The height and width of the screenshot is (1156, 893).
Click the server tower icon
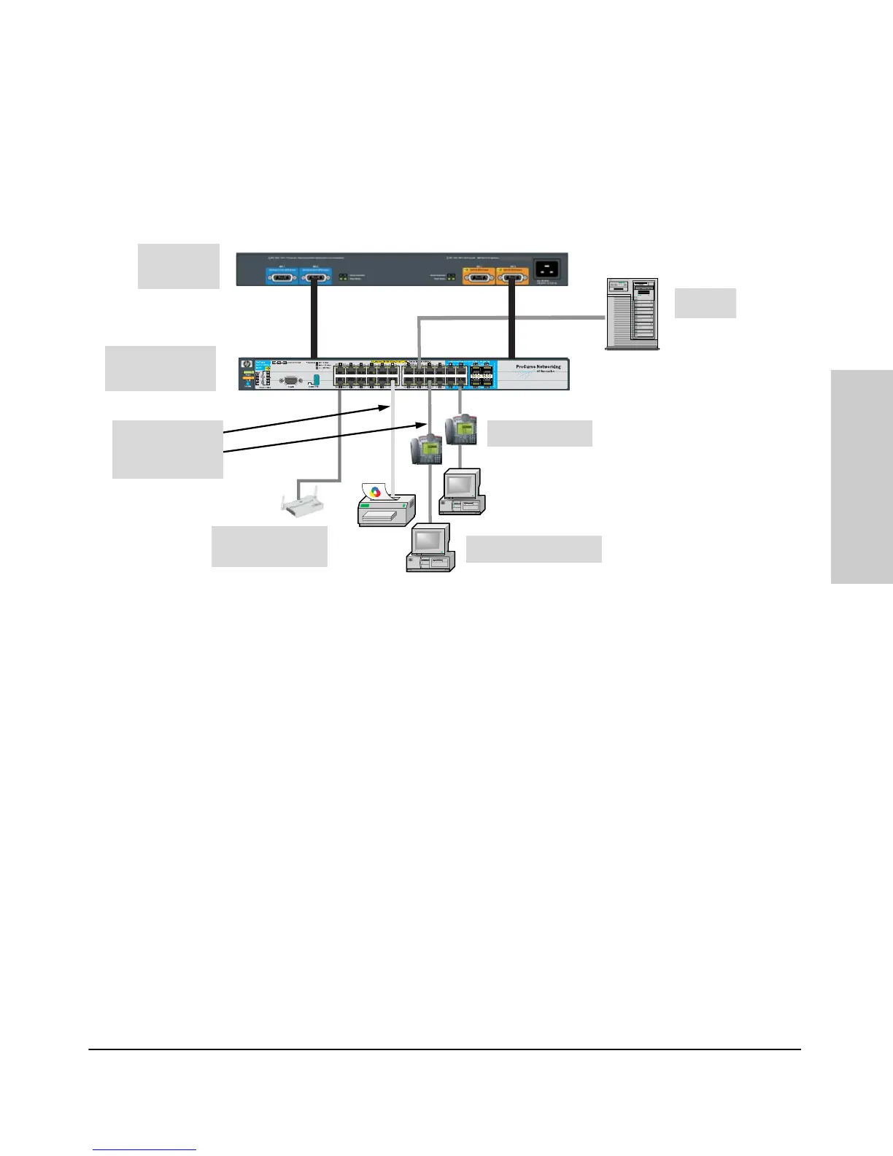point(632,313)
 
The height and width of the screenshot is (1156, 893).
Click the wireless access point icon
point(299,504)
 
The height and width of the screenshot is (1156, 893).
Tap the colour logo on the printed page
point(376,492)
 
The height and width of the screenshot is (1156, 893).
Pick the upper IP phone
point(463,429)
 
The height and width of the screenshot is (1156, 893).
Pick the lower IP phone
point(427,449)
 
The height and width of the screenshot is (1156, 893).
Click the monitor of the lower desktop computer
point(429,540)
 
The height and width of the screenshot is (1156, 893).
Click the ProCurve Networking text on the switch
point(538,367)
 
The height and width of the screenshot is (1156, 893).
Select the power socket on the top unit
point(549,269)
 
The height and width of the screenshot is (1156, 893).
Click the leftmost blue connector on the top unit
point(282,277)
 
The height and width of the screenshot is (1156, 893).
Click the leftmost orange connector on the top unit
point(479,277)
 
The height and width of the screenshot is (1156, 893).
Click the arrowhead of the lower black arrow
point(422,423)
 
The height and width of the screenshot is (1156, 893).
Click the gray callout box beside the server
point(705,303)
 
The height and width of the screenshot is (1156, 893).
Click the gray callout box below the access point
point(269,546)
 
